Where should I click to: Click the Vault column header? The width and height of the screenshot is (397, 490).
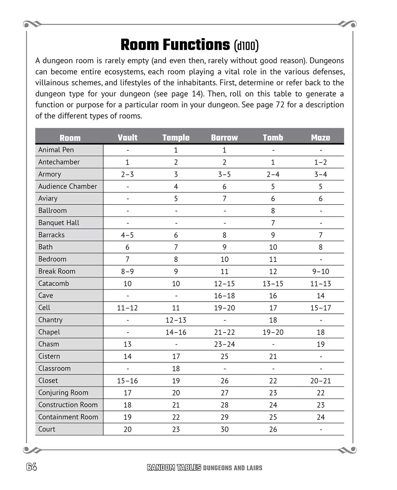pos(127,138)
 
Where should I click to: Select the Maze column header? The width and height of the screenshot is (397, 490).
pos(320,138)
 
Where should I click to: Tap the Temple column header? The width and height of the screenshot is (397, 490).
pos(176,138)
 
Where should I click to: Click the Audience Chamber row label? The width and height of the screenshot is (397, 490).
pos(67,186)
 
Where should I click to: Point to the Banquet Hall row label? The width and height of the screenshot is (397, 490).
pos(59,223)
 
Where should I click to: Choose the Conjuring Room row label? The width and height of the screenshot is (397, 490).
pos(63,393)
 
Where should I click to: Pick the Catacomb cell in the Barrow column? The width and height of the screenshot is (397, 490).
pos(224,284)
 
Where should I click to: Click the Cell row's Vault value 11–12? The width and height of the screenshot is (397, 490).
pos(127,308)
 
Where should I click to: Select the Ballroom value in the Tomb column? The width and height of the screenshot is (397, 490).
pos(273,211)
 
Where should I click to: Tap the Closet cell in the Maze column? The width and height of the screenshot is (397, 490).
pos(320,381)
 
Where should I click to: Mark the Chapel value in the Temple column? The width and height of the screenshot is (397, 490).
pos(176,332)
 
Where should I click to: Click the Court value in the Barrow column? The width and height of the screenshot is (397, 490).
pos(224,429)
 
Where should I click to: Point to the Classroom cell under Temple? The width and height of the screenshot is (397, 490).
pos(176,369)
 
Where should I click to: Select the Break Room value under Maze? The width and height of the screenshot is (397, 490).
pos(320,272)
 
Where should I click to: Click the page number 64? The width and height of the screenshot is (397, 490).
pos(31,467)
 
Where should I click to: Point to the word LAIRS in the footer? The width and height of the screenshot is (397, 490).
pos(254,468)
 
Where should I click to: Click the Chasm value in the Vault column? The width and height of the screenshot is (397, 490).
pos(127,344)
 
